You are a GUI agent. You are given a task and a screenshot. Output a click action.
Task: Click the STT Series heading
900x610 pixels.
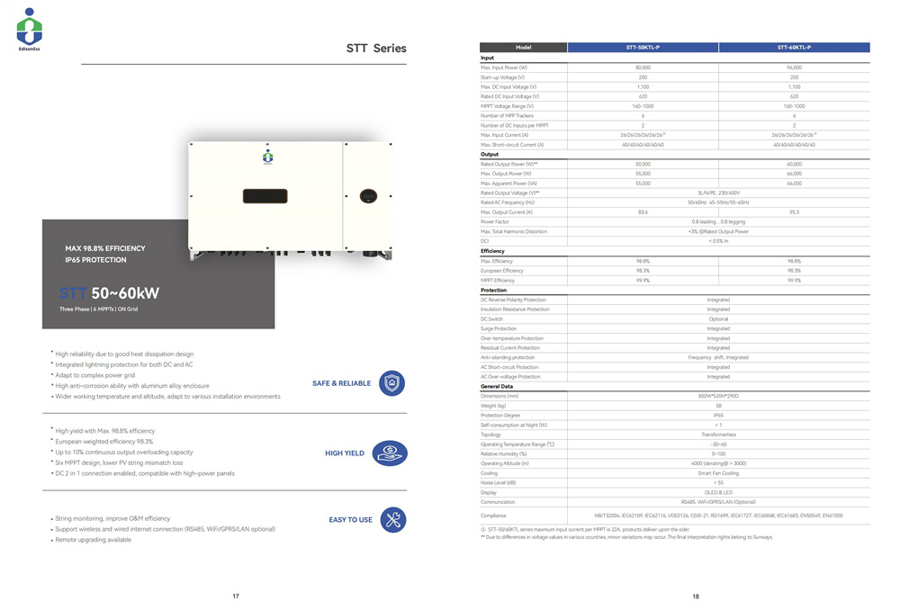pyautogui.click(x=376, y=49)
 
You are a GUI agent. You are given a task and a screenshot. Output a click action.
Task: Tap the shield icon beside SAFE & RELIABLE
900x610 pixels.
pyautogui.click(x=392, y=383)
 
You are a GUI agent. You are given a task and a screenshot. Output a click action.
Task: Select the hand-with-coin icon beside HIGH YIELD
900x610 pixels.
pyautogui.click(x=392, y=453)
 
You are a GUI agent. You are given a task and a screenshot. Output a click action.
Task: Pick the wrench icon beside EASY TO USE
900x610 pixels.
pyautogui.click(x=392, y=519)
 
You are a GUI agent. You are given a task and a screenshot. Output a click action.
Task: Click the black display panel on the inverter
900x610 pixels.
pyautogui.click(x=265, y=194)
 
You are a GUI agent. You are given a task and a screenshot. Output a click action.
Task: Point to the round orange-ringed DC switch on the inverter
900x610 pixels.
pyautogui.click(x=367, y=194)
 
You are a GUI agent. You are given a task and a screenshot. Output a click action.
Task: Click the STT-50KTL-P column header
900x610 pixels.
pyautogui.click(x=643, y=47)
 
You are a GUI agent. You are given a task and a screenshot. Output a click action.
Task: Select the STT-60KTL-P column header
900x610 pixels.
pyautogui.click(x=794, y=47)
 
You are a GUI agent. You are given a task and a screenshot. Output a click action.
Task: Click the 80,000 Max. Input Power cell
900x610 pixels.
pyautogui.click(x=643, y=67)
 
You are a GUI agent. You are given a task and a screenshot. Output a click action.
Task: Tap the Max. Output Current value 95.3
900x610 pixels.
pyautogui.click(x=794, y=211)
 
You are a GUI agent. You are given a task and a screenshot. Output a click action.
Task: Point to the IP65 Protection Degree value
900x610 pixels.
pyautogui.click(x=718, y=416)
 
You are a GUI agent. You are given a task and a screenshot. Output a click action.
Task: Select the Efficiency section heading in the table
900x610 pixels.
pyautogui.click(x=493, y=251)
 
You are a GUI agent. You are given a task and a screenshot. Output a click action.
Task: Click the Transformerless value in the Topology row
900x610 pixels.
pyautogui.click(x=718, y=435)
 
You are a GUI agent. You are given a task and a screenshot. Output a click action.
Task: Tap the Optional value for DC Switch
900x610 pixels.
pyautogui.click(x=718, y=319)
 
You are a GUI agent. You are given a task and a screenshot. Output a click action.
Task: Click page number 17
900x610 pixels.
pyautogui.click(x=236, y=597)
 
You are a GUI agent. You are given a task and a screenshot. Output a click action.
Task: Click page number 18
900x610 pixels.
pyautogui.click(x=696, y=597)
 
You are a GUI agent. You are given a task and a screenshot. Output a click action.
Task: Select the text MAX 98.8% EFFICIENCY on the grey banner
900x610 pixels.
pyautogui.click(x=105, y=248)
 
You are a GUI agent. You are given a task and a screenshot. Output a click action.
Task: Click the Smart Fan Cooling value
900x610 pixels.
pyautogui.click(x=718, y=473)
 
